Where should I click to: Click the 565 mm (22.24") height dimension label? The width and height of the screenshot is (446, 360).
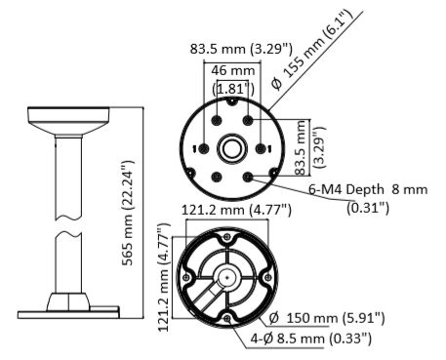128,213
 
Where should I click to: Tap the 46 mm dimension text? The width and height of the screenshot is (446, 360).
233,70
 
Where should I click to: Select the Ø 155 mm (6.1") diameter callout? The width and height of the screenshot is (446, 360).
311,49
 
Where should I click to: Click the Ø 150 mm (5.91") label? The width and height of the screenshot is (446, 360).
327,318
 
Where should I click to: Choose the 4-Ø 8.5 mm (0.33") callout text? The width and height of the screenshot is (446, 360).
310,339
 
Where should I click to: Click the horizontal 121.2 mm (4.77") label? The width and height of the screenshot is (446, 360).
236,210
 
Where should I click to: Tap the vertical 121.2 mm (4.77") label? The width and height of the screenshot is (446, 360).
165,277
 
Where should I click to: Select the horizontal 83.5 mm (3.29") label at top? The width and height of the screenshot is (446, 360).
241,49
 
